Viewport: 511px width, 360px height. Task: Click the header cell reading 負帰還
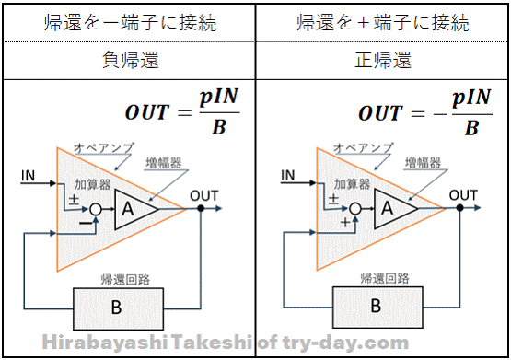pos(130,60)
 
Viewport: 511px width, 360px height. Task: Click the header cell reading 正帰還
pos(383,60)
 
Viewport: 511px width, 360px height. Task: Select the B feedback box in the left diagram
pos(118,308)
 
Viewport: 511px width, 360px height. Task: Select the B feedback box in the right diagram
pos(377,308)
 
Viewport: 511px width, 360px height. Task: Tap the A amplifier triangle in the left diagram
pos(132,209)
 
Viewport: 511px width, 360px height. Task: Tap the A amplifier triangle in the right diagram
pos(391,208)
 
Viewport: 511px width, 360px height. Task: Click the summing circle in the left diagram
pos(96,210)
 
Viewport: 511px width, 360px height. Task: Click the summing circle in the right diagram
pos(355,208)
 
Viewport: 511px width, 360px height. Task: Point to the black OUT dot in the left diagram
pos(201,208)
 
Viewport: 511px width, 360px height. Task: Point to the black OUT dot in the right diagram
pos(459,207)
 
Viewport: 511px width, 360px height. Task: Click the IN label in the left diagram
pos(28,176)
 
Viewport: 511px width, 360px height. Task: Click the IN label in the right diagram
pos(288,175)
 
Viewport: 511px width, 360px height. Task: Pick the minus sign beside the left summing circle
pos(86,223)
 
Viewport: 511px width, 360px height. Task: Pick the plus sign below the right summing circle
pos(345,222)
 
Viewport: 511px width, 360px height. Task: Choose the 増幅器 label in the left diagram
pos(164,162)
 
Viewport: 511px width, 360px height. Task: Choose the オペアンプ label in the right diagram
pos(363,148)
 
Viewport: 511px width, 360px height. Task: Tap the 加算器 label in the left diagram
pos(93,184)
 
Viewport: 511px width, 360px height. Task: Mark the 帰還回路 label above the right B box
pos(385,278)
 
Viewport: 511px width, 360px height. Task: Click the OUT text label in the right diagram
pos(463,195)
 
